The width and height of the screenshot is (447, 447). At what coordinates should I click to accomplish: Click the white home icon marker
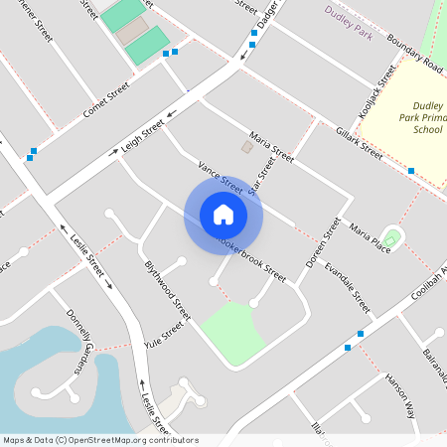coord(223,215)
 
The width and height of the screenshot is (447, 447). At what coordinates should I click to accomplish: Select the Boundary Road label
coord(415,50)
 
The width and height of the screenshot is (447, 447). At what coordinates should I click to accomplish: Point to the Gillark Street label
coord(359,143)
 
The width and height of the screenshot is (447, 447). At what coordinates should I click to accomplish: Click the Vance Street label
coord(221,175)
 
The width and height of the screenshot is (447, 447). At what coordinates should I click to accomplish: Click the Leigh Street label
coord(142,137)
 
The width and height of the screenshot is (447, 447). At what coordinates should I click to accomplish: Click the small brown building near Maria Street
coord(246,147)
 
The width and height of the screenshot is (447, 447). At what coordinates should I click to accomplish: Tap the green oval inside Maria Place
coord(392,238)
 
